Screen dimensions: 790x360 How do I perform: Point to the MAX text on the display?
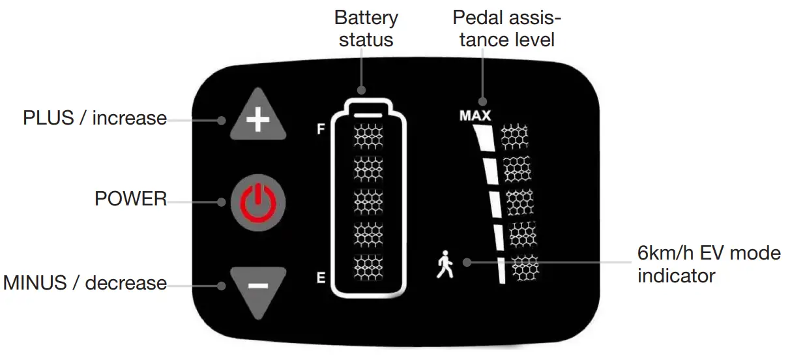[x=475, y=116]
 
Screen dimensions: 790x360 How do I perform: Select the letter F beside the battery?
[x=320, y=129]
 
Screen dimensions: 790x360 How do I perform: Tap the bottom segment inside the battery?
[x=368, y=267]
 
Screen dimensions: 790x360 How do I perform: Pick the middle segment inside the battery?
[x=368, y=202]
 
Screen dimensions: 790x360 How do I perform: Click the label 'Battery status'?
[x=366, y=28]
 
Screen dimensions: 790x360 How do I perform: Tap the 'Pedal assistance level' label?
[x=506, y=28]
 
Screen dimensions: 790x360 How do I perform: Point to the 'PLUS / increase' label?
[x=95, y=119]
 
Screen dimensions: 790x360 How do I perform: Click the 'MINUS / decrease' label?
[x=85, y=284]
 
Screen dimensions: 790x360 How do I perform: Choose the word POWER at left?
[x=130, y=199]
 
